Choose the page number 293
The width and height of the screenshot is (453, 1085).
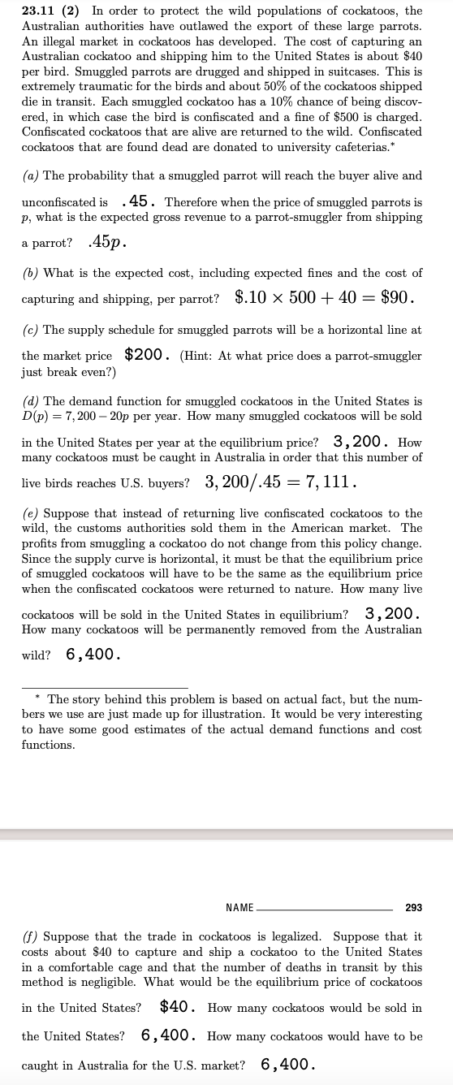[x=413, y=907]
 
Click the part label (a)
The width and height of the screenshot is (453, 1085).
[x=31, y=176]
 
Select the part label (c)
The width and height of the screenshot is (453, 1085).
[x=31, y=329]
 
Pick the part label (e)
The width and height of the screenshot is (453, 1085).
[x=31, y=513]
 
